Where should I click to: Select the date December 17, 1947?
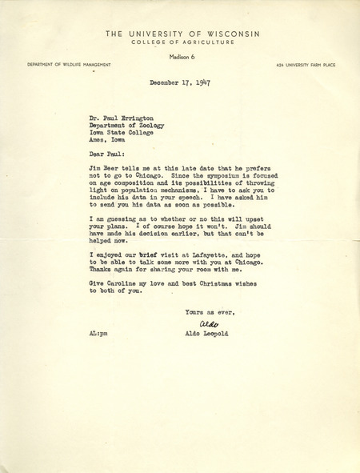pyautogui.click(x=179, y=83)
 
